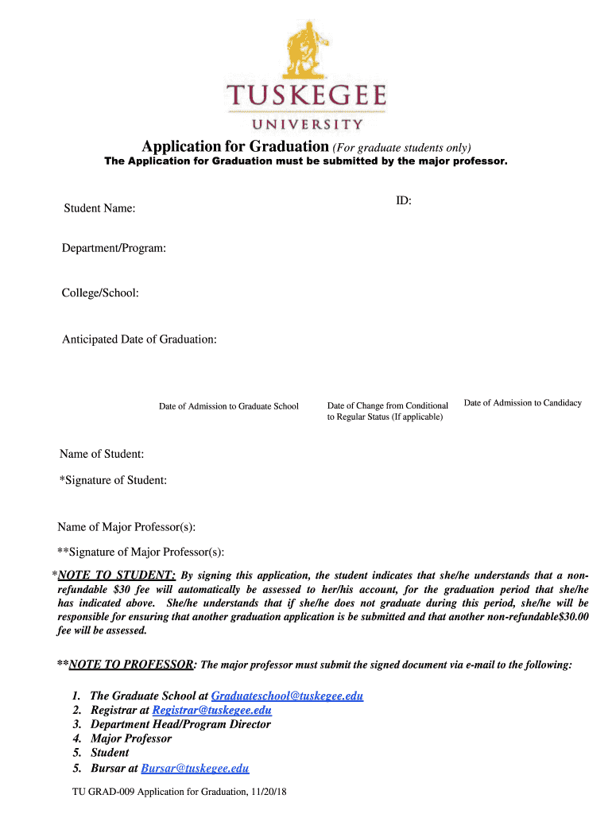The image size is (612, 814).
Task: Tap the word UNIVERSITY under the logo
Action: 307,124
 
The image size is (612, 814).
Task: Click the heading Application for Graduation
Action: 235,146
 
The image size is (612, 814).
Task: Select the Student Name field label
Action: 99,208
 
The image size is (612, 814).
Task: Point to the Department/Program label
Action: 114,249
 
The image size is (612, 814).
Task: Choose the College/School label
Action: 101,293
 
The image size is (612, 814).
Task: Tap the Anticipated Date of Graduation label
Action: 139,339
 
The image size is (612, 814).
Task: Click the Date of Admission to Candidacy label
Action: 523,403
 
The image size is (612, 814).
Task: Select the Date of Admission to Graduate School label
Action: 229,406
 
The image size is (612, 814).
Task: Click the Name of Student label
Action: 102,454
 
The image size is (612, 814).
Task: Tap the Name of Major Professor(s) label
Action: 126,527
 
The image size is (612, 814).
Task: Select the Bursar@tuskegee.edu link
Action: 195,768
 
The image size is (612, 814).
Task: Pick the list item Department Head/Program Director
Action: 180,724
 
